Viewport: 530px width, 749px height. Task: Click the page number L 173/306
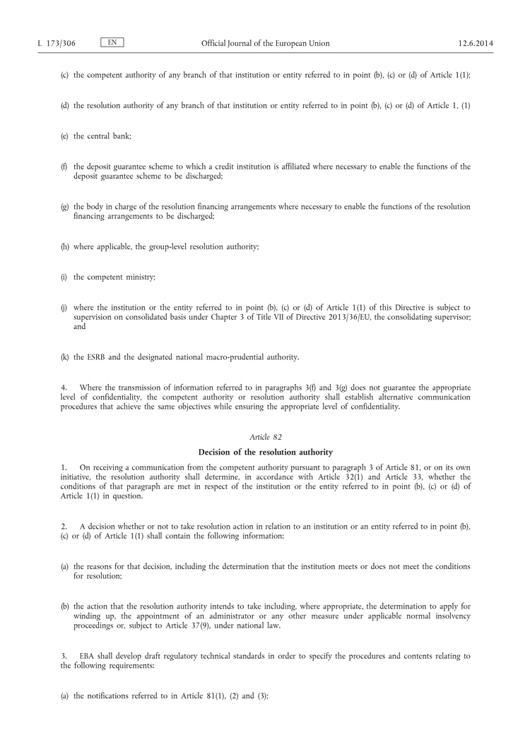point(56,44)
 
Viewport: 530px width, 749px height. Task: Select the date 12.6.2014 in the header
point(476,44)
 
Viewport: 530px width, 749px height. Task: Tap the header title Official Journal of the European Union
point(265,44)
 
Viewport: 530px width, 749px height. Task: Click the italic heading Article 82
point(266,438)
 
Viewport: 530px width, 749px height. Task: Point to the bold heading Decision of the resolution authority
point(266,452)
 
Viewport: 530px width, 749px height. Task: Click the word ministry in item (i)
point(140,277)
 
